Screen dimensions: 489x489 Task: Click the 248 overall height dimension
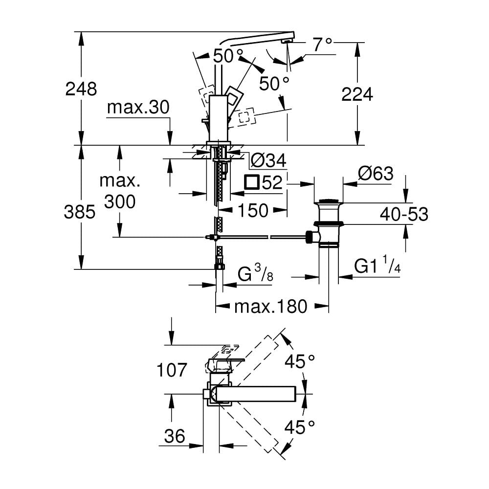point(81,89)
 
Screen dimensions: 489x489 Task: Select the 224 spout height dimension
point(357,94)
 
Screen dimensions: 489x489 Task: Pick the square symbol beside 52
point(252,182)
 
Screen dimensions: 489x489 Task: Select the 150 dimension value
point(253,210)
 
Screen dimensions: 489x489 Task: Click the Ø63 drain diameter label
point(376,174)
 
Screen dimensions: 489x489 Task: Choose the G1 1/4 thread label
point(376,267)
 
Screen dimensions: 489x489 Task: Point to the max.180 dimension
point(271,307)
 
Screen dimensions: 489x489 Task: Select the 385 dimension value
point(81,212)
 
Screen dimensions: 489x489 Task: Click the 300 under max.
point(120,200)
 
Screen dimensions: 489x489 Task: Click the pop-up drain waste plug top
point(329,201)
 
